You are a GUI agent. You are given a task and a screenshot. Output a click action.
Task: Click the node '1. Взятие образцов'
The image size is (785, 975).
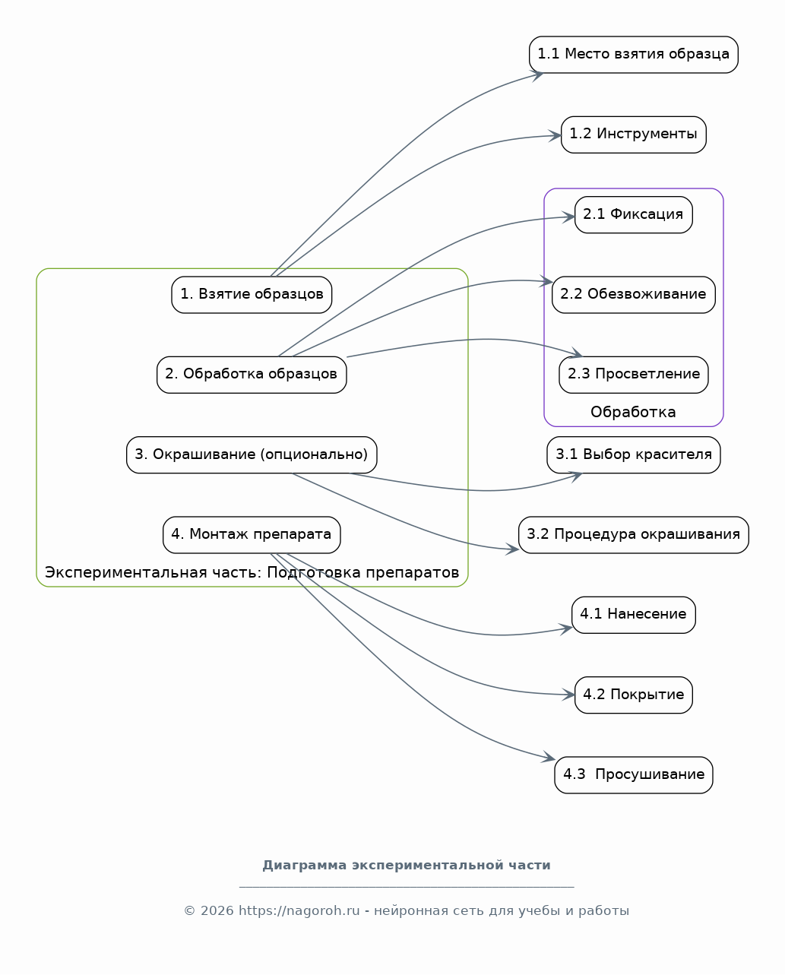(252, 295)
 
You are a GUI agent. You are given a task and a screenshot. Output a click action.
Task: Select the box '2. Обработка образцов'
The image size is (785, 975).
(252, 375)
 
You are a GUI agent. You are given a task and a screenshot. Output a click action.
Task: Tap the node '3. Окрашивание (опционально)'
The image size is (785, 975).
(252, 455)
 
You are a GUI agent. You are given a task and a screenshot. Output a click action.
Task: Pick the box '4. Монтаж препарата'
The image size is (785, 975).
(252, 535)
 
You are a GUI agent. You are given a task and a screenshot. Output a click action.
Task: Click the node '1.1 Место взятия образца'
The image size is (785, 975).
(634, 55)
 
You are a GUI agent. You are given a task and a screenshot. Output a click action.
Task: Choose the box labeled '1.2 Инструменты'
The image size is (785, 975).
(634, 135)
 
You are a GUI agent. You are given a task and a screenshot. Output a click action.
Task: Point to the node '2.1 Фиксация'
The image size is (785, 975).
(634, 215)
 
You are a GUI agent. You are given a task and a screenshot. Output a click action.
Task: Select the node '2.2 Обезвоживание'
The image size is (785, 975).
(634, 295)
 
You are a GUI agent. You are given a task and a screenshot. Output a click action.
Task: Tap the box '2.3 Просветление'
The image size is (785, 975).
(634, 375)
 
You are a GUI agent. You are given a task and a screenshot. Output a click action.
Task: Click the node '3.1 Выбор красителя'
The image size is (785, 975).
(634, 455)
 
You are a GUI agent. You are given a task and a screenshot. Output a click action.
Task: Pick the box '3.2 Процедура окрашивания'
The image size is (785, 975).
(634, 535)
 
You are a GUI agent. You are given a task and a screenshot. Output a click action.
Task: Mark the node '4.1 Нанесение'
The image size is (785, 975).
(634, 615)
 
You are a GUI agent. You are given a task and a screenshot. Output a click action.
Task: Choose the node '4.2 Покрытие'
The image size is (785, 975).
(634, 695)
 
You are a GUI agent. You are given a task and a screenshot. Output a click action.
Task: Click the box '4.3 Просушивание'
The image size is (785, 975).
(634, 774)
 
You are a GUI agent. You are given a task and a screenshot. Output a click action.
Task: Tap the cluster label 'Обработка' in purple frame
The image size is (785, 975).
(633, 412)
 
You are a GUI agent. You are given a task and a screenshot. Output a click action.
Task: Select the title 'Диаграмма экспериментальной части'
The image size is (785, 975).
(407, 866)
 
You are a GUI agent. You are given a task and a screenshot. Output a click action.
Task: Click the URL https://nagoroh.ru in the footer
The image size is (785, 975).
(299, 910)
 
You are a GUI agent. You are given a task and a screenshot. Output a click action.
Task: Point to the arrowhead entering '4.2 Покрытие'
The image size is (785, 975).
(568, 695)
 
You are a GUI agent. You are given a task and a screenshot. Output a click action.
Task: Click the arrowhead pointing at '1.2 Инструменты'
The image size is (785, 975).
(555, 135)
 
